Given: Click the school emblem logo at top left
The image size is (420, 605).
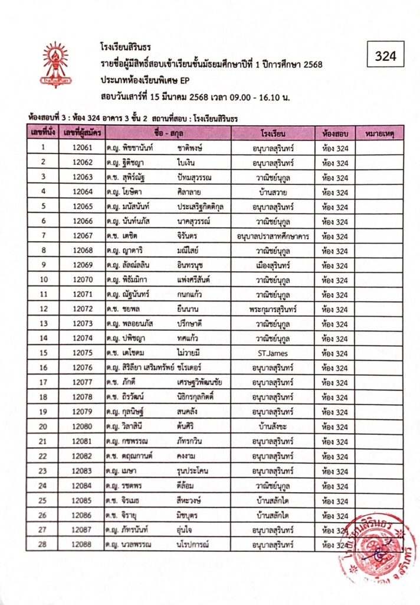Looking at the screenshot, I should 55,64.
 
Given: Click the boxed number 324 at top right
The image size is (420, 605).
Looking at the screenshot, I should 385,57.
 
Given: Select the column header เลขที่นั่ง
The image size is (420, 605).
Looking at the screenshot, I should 42,134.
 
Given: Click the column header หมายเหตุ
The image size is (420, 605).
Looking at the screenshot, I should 379,134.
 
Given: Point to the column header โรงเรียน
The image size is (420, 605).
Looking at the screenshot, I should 273,134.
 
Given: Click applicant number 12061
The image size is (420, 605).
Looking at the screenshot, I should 82,148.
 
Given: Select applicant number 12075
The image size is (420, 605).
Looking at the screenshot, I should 82,353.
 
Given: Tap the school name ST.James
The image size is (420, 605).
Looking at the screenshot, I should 273,353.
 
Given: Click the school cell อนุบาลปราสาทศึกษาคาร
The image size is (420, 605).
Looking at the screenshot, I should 273,236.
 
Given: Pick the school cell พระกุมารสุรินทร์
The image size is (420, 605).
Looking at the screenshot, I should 273,310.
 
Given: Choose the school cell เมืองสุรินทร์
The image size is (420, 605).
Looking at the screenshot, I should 273,265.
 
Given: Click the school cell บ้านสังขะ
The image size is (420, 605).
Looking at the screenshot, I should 273,427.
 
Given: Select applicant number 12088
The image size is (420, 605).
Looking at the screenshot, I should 82,544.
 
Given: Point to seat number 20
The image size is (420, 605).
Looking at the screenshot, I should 42,427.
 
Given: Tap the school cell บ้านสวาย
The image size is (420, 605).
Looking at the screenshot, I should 273,192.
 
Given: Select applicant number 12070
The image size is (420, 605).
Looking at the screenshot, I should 82,280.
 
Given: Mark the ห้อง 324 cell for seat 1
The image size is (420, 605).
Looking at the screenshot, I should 334,148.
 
